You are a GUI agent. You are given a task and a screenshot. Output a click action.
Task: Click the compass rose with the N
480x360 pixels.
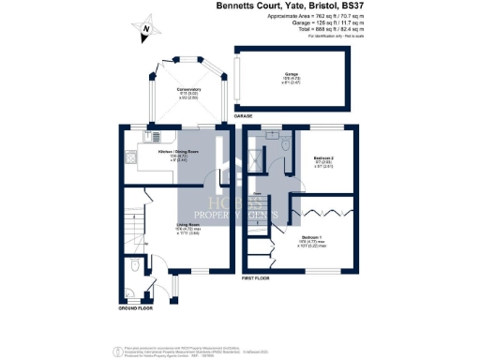[x=146, y=31]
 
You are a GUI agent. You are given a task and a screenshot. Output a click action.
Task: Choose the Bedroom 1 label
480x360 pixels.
[x=314, y=239]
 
